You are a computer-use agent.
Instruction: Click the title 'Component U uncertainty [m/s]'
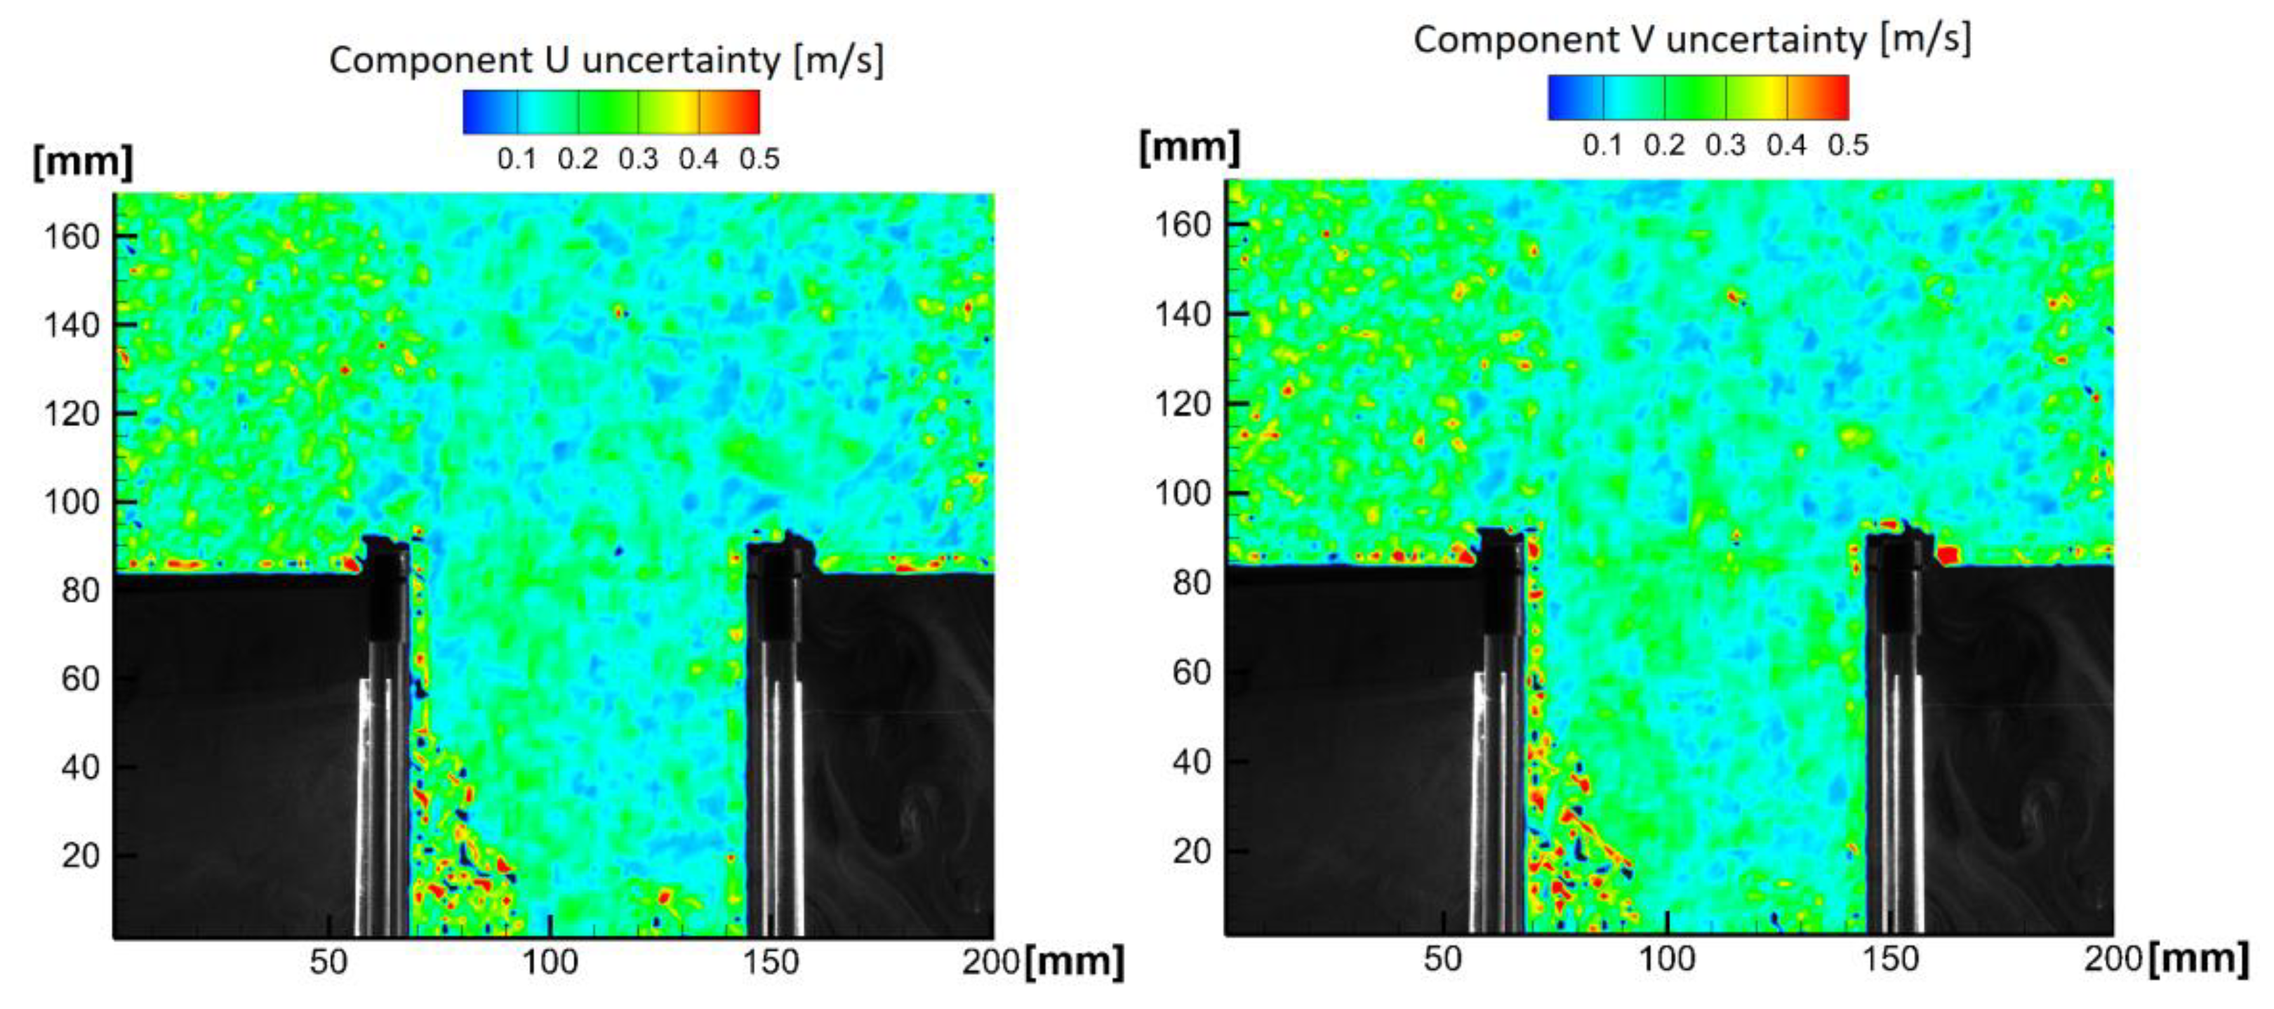tap(606, 60)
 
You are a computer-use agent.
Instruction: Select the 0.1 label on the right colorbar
tap(1602, 145)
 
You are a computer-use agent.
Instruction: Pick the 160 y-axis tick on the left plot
tap(72, 237)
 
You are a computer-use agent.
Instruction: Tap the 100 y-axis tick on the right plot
tap(1182, 493)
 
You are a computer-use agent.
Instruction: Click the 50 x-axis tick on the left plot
tap(328, 961)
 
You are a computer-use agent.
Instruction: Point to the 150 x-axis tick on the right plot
tap(1890, 958)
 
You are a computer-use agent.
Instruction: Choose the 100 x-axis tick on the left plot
tap(550, 961)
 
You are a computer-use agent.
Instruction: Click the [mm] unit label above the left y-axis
tap(83, 162)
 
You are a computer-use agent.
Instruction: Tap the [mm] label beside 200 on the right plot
tap(2198, 958)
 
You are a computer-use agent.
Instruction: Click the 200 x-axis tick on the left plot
tap(990, 961)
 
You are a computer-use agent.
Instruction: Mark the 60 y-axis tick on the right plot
tap(1191, 672)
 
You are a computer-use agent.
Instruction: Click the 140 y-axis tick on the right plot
tap(1182, 313)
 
